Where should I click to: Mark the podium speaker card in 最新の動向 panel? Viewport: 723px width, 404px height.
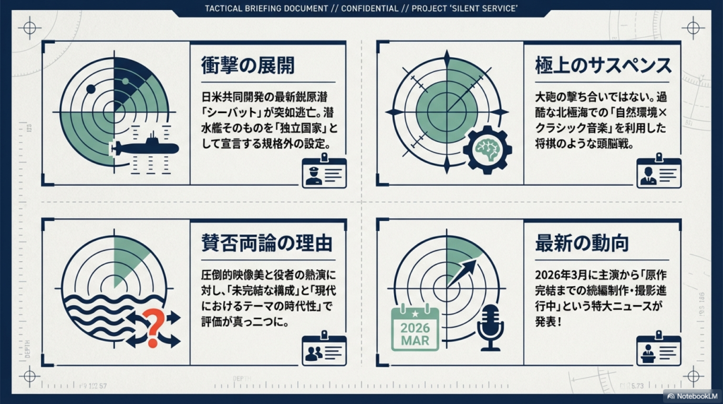coord(658,350)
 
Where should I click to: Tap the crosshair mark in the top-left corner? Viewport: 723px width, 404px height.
coord(29,28)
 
